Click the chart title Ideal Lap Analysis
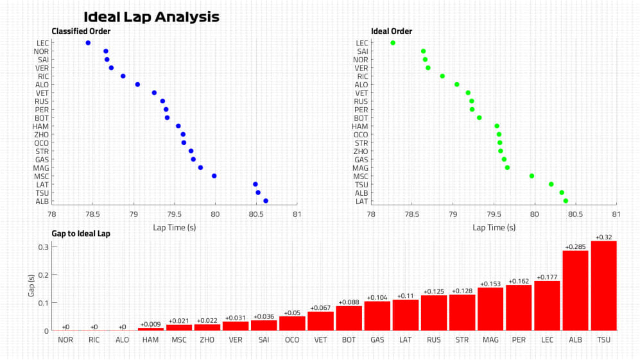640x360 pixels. point(151,17)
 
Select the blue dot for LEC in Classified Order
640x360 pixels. point(88,43)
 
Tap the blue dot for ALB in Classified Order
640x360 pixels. point(266,201)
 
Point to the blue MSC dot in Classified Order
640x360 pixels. point(214,176)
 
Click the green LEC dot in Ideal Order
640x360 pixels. point(393,43)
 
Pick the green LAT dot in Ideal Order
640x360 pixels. point(566,201)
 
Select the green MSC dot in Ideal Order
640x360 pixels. point(532,176)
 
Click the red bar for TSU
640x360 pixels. point(603,286)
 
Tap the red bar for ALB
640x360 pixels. point(575,291)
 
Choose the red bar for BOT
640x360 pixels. point(349,318)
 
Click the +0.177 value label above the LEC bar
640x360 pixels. point(547,277)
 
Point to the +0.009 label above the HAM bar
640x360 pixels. point(151,324)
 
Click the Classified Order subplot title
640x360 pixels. point(81,31)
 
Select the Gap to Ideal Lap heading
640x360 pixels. point(81,234)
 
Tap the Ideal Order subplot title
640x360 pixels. point(392,31)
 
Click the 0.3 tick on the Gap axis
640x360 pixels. point(41,247)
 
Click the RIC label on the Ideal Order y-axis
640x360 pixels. point(362,76)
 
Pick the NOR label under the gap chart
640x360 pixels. point(65,339)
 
